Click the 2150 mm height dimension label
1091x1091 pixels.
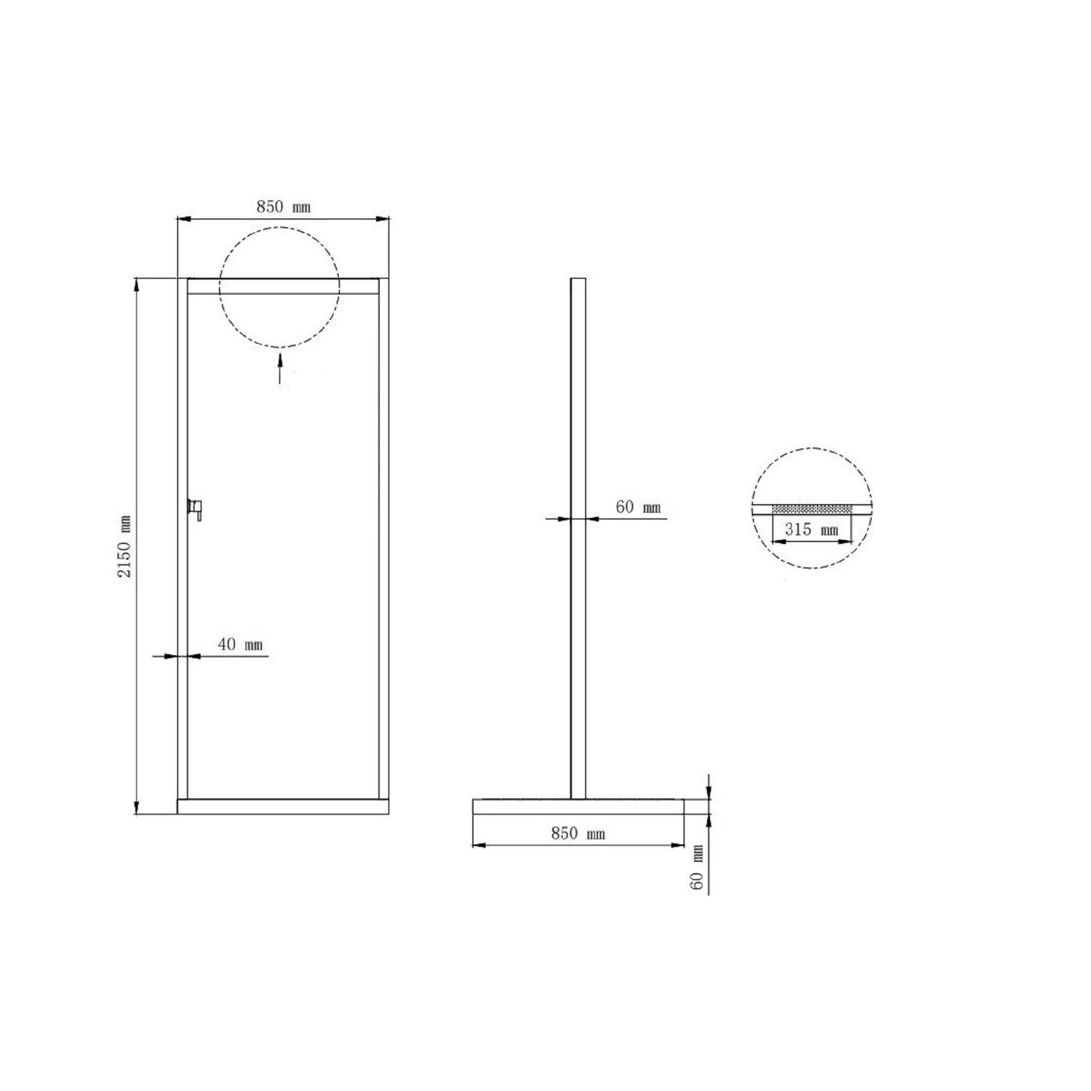pos(125,545)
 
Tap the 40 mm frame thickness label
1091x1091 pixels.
pos(240,644)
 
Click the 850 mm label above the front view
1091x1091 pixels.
pos(283,207)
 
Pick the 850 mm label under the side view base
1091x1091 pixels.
pos(578,833)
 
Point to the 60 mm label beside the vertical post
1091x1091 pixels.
pos(638,507)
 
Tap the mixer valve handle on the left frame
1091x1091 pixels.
pos(195,507)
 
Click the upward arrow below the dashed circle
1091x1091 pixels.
pos(280,367)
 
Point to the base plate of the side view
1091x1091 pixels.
pos(578,806)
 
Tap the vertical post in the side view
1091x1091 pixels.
pos(578,538)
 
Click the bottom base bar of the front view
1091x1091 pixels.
pos(283,806)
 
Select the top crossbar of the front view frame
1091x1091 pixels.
pos(283,286)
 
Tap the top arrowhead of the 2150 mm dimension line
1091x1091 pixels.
pos(137,284)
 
